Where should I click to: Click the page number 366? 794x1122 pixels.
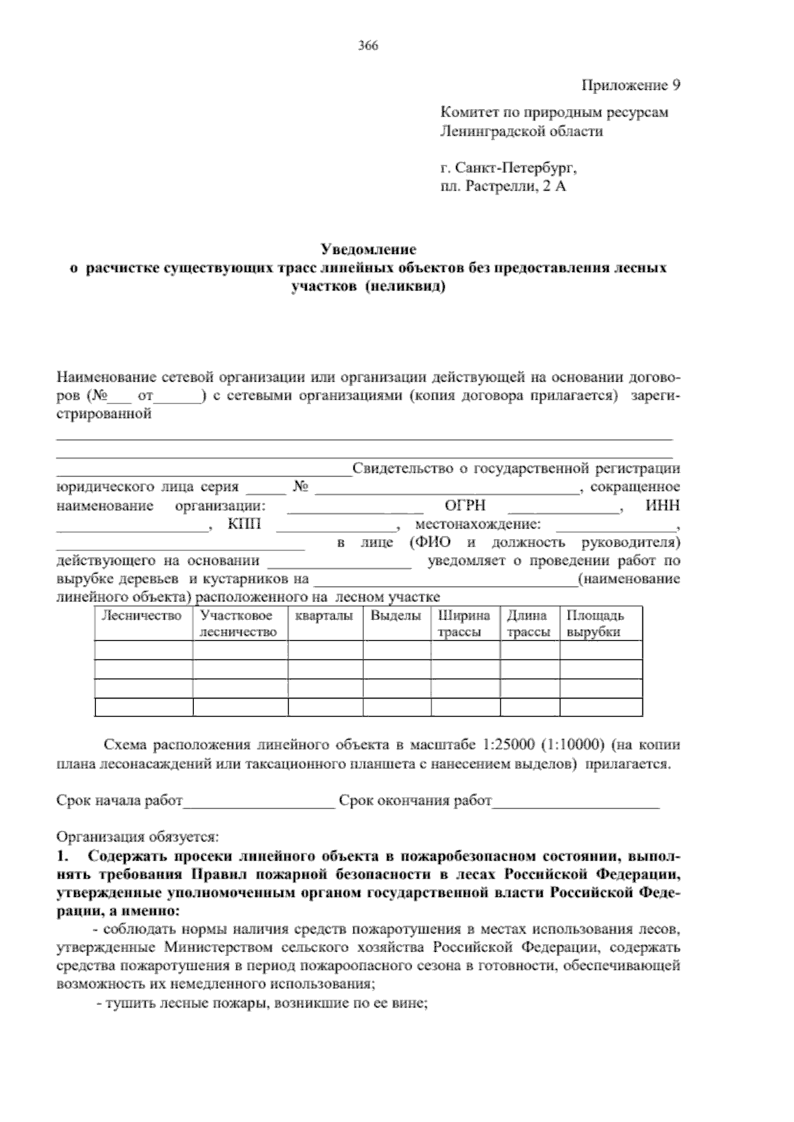point(368,46)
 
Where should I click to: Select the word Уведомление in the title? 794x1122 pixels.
point(368,250)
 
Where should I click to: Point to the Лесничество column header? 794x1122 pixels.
point(141,616)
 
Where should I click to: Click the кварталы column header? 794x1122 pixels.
point(324,616)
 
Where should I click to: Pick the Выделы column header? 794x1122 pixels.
point(396,616)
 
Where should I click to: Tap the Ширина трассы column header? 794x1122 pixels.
point(464,624)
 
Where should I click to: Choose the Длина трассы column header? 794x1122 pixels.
point(528,624)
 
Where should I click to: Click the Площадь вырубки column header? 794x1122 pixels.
point(594,624)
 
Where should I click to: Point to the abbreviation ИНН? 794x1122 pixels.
point(662,506)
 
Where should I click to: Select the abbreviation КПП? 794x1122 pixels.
point(244,525)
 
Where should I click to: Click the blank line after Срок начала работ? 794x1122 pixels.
point(259,802)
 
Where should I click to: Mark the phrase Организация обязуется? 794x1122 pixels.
point(137,837)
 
